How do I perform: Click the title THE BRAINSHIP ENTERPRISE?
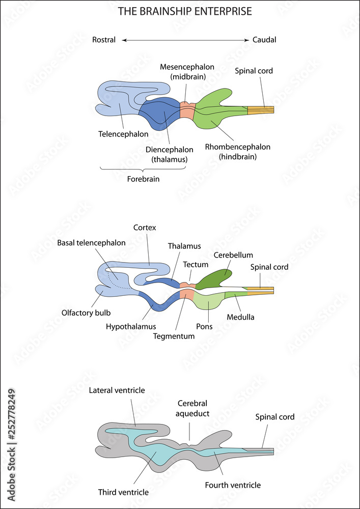(185, 11)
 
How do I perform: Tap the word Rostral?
(104, 40)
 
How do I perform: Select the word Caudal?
(264, 40)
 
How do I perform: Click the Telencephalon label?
(123, 134)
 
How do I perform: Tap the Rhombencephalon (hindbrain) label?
(237, 152)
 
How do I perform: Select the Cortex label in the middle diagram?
(144, 228)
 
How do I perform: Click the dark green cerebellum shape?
(214, 278)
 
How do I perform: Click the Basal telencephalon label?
(91, 243)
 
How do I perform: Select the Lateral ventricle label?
(117, 390)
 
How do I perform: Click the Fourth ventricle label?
(233, 485)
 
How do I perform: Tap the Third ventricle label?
(123, 492)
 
